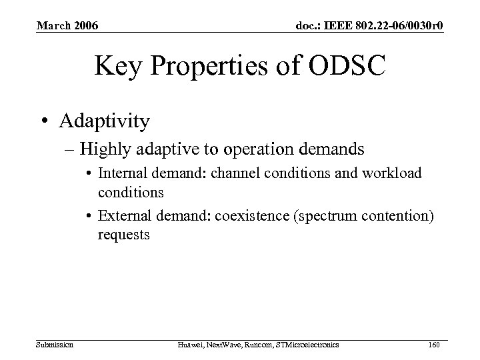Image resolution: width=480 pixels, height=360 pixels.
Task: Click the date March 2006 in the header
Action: pyautogui.click(x=67, y=26)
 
